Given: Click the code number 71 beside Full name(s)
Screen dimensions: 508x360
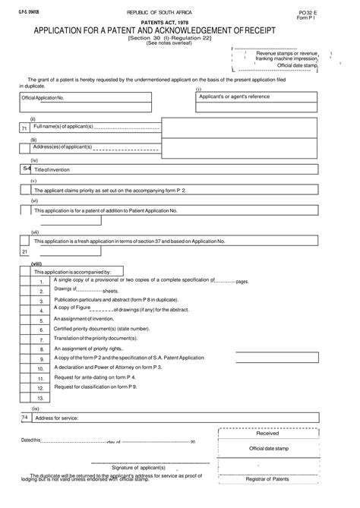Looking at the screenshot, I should [24, 129].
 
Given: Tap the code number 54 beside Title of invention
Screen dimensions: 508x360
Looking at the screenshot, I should [27, 169].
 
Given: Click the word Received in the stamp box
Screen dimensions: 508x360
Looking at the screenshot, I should [267, 434].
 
